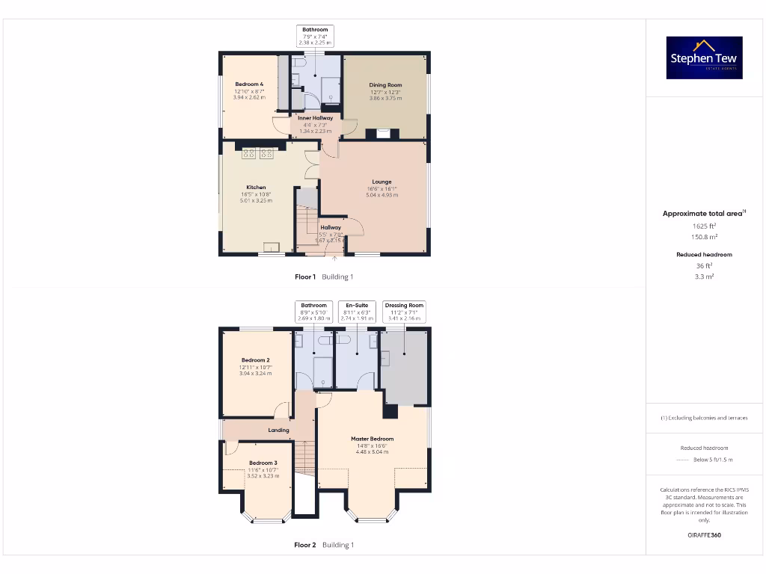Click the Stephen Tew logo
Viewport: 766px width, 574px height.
pyautogui.click(x=704, y=58)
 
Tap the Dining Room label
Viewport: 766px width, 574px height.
pyautogui.click(x=385, y=85)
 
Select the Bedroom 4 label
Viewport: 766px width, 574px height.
pyautogui.click(x=249, y=84)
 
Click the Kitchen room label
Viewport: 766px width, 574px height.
pyautogui.click(x=256, y=188)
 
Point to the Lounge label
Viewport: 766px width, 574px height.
pyautogui.click(x=382, y=182)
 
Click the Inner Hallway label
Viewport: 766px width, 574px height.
pyautogui.click(x=315, y=118)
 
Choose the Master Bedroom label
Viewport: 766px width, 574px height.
pyautogui.click(x=372, y=439)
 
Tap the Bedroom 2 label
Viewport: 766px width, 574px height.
pyautogui.click(x=255, y=360)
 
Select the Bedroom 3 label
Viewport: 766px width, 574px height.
pyautogui.click(x=263, y=463)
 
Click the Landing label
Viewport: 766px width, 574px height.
pyautogui.click(x=278, y=430)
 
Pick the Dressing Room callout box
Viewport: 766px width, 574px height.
pyautogui.click(x=404, y=311)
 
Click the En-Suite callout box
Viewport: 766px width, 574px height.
pyautogui.click(x=356, y=311)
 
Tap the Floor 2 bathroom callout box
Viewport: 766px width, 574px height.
pyautogui.click(x=314, y=311)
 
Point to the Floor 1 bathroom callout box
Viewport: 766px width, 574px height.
pyautogui.click(x=315, y=36)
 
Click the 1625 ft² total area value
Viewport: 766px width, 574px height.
pyautogui.click(x=703, y=225)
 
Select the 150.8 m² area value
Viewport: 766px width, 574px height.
pyautogui.click(x=703, y=236)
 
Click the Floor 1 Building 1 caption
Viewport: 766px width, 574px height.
pyautogui.click(x=323, y=277)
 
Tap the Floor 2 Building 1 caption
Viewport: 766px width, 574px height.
pyautogui.click(x=323, y=545)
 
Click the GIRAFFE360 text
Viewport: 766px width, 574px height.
pyautogui.click(x=703, y=535)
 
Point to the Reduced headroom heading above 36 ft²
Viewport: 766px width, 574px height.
pyautogui.click(x=704, y=255)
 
